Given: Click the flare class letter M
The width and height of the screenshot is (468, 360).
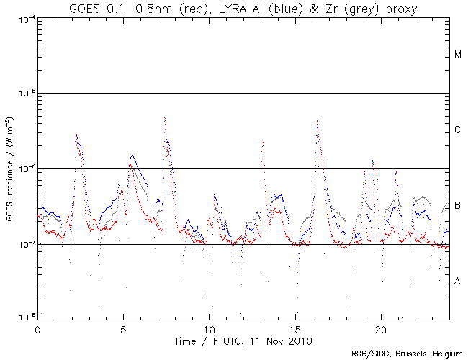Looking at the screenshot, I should click(458, 55).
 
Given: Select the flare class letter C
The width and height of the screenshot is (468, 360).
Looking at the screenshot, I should click(458, 130).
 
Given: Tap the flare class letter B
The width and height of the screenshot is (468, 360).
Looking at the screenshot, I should click(458, 206).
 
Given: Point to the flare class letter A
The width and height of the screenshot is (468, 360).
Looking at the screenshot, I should click(458, 281).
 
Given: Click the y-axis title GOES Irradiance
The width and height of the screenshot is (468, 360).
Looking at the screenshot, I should click(10, 167).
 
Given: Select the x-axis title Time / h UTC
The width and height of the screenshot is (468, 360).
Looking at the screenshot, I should click(243, 338).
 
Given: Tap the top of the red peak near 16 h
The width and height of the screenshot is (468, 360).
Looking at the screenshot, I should click(317, 121).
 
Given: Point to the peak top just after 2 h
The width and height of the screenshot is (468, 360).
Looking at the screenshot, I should click(76, 133).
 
